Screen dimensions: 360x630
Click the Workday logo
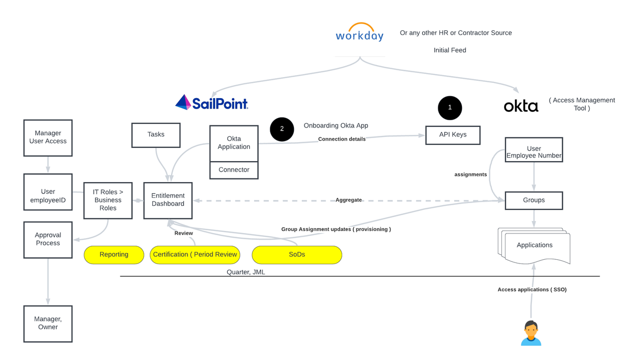pos(360,33)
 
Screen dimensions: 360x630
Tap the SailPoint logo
pos(212,102)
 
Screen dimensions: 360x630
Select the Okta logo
pos(521,106)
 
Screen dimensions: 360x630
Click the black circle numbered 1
pos(450,108)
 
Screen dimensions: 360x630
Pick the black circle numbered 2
pos(282,129)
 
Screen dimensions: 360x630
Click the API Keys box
pos(453,135)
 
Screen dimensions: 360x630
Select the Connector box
pos(234,170)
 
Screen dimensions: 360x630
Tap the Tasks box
pos(156,135)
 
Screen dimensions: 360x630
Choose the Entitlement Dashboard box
pos(168,200)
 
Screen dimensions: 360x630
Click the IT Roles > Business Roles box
pos(108,200)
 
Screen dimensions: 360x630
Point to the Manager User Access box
pos(48,137)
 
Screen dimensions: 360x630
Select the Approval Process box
pos(48,239)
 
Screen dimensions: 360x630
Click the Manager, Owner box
pos(48,323)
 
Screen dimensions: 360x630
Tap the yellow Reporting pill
pos(114,255)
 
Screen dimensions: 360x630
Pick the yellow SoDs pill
pos(297,255)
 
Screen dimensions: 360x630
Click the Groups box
pos(534,200)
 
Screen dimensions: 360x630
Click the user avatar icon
pos(531,333)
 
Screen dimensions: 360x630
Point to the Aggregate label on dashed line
pos(349,200)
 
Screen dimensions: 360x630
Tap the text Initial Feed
pos(450,50)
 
